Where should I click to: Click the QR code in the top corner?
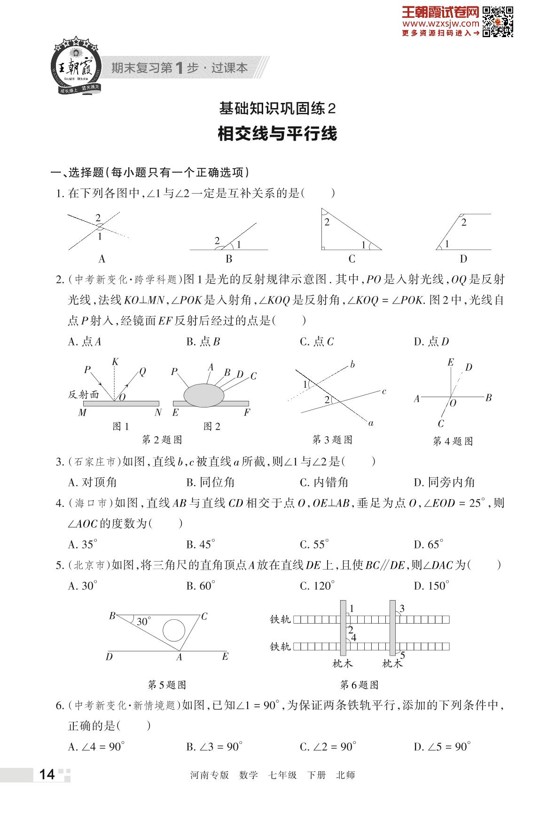point(498,22)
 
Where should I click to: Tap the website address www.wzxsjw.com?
point(440,23)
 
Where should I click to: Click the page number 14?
point(47,774)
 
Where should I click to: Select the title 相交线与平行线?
point(277,134)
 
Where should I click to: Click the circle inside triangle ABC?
point(173,630)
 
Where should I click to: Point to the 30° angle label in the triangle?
point(143,622)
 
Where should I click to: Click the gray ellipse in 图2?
point(204,395)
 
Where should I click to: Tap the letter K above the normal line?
point(115,361)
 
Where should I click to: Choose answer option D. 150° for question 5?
point(431,586)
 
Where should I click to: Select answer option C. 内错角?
point(324,482)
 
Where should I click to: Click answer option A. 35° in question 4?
point(83,544)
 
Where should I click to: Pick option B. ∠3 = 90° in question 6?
point(214,747)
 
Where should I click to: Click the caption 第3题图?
point(332,440)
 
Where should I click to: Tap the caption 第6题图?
point(360,685)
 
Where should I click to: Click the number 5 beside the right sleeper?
point(402,655)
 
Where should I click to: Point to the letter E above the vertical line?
point(450,362)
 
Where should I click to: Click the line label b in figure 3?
point(352,364)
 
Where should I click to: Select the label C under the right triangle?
point(352,259)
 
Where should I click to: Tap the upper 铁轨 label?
point(281,619)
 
